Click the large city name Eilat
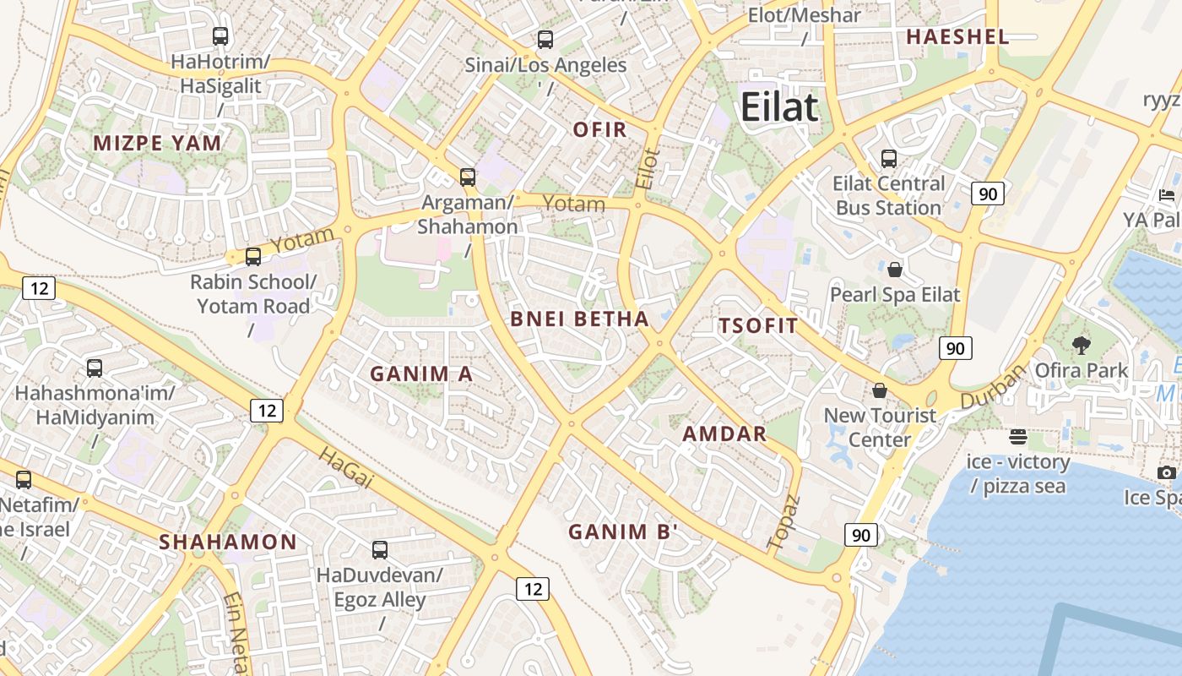coord(779,107)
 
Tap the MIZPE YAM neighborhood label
coord(158,143)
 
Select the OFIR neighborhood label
coord(600,129)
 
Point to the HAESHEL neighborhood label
coord(957,36)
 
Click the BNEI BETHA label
coord(580,319)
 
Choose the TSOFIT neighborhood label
coord(758,326)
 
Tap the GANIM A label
coord(421,373)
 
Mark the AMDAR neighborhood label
coord(724,434)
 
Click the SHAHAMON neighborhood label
coord(228,542)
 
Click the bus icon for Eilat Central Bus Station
coord(888,158)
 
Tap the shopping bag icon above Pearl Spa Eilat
coord(895,270)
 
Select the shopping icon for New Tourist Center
coord(880,390)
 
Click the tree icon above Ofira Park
coord(1081,345)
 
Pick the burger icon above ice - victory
coord(1018,437)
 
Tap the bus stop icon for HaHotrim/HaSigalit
coord(220,36)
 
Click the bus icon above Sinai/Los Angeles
coord(545,39)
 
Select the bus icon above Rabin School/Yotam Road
coord(253,257)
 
